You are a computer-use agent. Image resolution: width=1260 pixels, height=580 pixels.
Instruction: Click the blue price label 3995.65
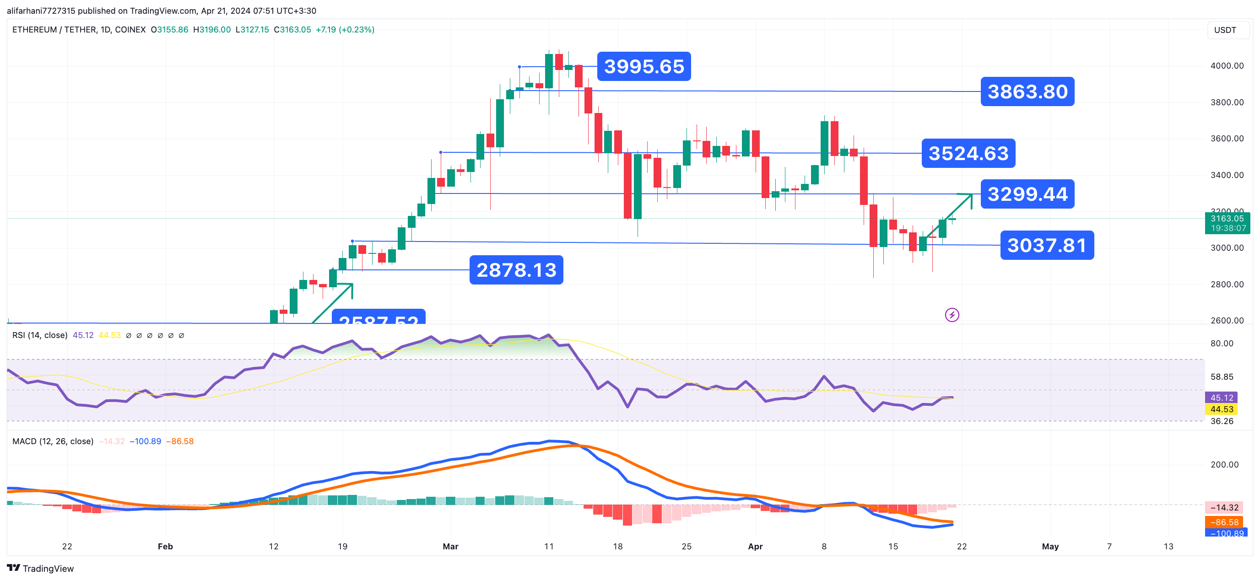(643, 66)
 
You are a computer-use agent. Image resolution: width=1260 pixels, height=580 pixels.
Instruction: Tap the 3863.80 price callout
(1027, 91)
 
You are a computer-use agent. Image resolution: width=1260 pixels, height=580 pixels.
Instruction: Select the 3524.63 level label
(968, 154)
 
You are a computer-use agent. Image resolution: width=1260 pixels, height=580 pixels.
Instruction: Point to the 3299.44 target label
(1027, 194)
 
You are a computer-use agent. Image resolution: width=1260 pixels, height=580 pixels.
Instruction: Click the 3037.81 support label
(1046, 245)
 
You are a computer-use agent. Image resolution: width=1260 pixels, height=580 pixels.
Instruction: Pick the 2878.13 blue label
(516, 270)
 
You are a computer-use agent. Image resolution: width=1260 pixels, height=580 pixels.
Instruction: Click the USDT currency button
(1225, 30)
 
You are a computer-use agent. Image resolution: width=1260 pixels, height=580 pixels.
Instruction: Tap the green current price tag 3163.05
(1227, 223)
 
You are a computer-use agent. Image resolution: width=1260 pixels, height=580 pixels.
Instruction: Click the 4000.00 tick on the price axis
(1227, 65)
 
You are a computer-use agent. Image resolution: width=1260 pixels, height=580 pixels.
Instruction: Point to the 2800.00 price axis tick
(1227, 284)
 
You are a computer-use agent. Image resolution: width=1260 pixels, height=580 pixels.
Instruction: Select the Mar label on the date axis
(450, 546)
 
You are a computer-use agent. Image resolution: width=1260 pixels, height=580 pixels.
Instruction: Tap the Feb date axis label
(165, 546)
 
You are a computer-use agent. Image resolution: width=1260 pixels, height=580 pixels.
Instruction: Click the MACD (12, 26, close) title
(53, 441)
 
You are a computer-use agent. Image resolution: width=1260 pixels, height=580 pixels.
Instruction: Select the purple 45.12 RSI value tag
(1221, 397)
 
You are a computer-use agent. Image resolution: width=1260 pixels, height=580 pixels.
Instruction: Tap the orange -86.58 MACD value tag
(1224, 522)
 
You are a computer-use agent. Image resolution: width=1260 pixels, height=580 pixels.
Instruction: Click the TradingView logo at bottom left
(41, 568)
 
